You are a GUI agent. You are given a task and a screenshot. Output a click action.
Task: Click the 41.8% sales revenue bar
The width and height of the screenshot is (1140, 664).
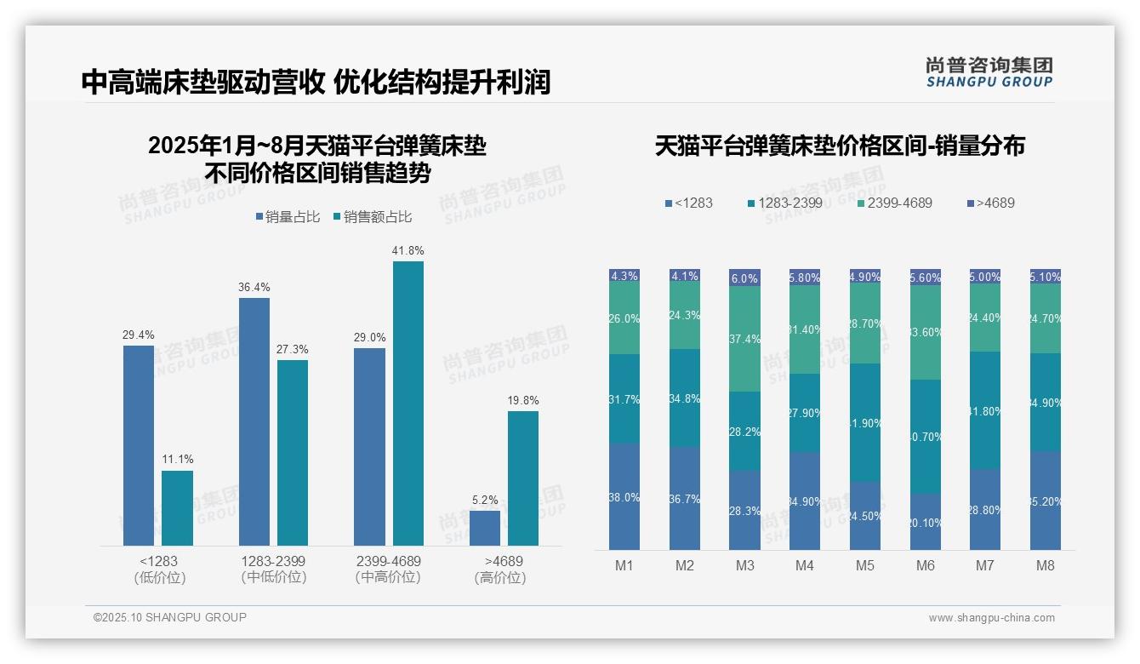(x=408, y=403)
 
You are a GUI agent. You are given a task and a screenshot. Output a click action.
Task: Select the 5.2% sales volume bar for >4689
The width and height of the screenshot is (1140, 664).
(x=485, y=528)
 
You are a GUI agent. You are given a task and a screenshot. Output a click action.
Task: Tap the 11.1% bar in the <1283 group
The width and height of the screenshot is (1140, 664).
(x=177, y=507)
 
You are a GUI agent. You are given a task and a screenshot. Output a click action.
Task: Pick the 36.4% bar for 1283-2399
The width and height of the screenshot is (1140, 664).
(x=254, y=421)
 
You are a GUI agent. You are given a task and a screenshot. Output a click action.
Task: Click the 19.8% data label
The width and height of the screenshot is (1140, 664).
(x=523, y=401)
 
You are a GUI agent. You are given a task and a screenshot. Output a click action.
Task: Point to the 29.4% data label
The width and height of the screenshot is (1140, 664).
(x=139, y=335)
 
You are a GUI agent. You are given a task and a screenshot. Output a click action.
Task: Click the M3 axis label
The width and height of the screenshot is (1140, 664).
(x=744, y=565)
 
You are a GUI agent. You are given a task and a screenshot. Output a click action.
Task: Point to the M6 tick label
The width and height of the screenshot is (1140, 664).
(x=926, y=565)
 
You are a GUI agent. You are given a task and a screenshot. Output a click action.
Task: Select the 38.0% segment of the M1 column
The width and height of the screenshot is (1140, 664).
(x=624, y=496)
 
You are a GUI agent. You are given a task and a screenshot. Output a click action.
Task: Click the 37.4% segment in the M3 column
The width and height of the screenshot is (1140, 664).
(x=744, y=339)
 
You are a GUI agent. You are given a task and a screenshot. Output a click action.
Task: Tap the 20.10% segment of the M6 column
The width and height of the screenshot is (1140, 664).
(x=926, y=522)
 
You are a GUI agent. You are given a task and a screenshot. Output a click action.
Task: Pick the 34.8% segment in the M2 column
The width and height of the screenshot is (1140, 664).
(x=684, y=398)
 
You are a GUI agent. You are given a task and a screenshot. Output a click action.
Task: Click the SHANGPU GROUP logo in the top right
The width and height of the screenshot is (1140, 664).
(x=989, y=72)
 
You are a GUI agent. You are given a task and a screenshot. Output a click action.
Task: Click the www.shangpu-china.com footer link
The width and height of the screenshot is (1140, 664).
(x=991, y=618)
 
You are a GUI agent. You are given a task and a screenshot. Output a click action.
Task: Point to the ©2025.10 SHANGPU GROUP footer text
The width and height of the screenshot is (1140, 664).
(x=170, y=617)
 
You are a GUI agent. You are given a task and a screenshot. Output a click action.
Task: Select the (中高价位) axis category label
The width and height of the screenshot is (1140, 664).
(x=388, y=577)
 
